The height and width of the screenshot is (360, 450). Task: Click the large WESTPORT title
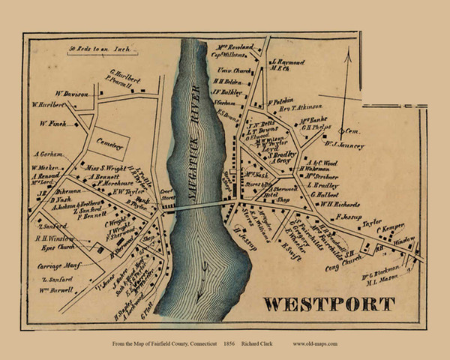tap(328, 304)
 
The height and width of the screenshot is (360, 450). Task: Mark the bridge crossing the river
tap(198, 208)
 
